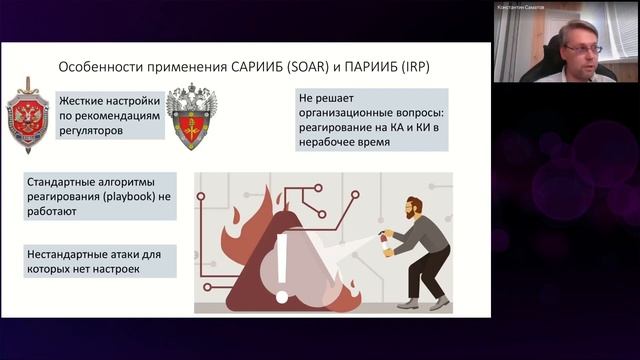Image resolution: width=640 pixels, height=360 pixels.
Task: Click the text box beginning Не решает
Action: coord(371,121)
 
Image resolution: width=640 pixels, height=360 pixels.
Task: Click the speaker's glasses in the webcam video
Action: coord(582,48)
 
